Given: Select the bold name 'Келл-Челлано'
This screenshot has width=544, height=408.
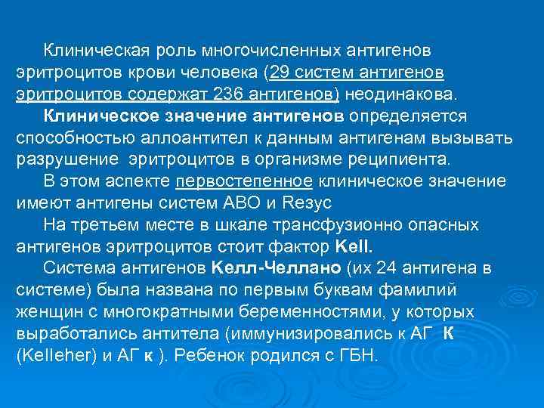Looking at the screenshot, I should point(279,268).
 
